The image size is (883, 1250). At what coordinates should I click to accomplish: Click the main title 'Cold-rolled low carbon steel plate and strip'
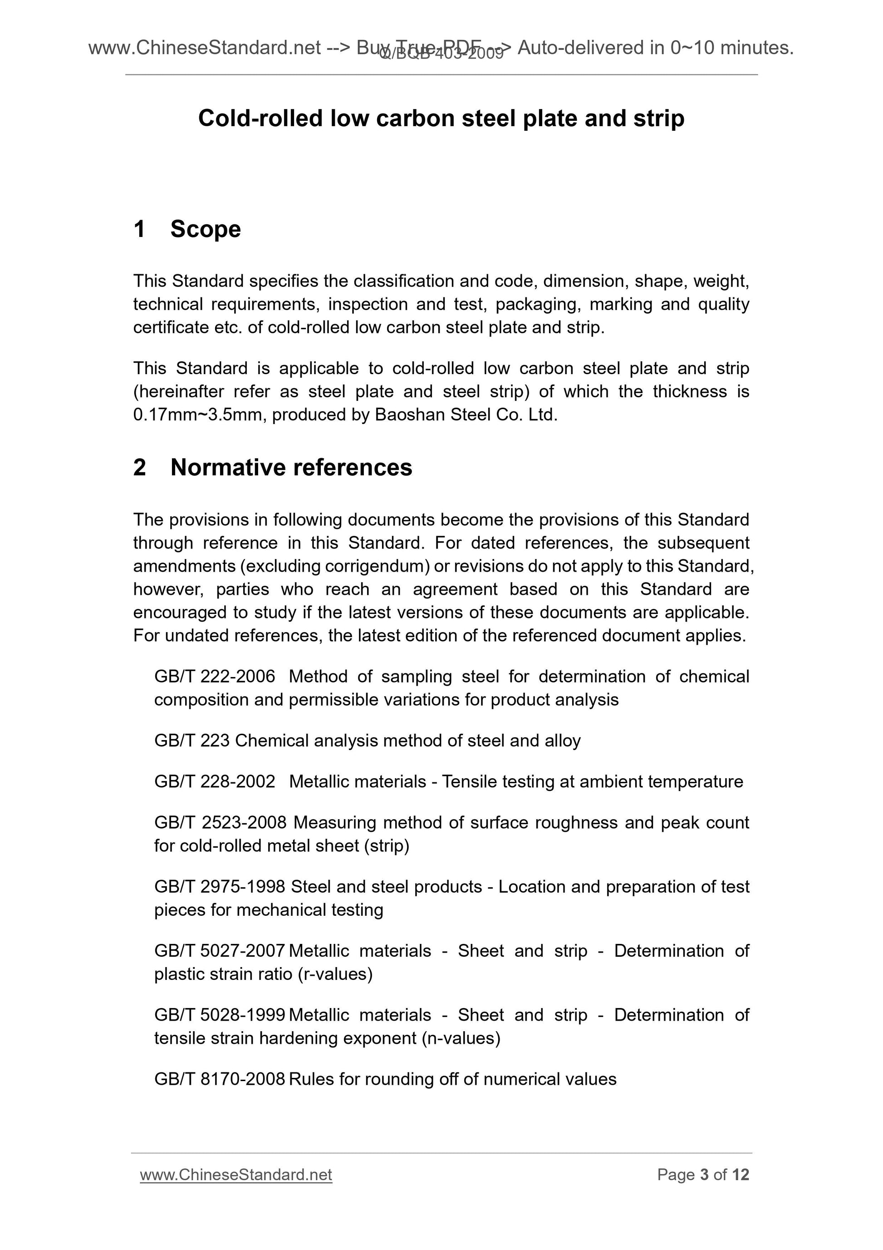pos(441,118)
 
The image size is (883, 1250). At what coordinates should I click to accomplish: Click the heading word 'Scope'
pos(205,229)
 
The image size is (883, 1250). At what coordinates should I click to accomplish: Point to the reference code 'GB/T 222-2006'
pos(214,676)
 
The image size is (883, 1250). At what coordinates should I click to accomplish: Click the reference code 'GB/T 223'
pos(192,741)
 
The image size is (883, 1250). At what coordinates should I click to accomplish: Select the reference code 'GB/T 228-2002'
pos(214,781)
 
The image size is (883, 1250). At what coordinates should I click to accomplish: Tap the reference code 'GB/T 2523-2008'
pos(220,822)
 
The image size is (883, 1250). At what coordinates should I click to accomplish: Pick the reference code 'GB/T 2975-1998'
pos(219,886)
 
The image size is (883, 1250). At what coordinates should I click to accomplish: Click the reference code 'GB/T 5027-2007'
pos(219,951)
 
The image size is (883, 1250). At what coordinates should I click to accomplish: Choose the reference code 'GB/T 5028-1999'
pos(219,1015)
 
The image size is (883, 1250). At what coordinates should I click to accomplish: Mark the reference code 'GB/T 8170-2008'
pos(219,1079)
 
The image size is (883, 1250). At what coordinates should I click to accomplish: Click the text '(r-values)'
pos(335,974)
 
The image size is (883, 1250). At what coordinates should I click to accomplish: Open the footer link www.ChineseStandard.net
pos(235,1175)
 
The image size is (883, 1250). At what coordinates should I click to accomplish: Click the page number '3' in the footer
pos(704,1175)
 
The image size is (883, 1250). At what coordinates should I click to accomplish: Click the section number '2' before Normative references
pos(139,468)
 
